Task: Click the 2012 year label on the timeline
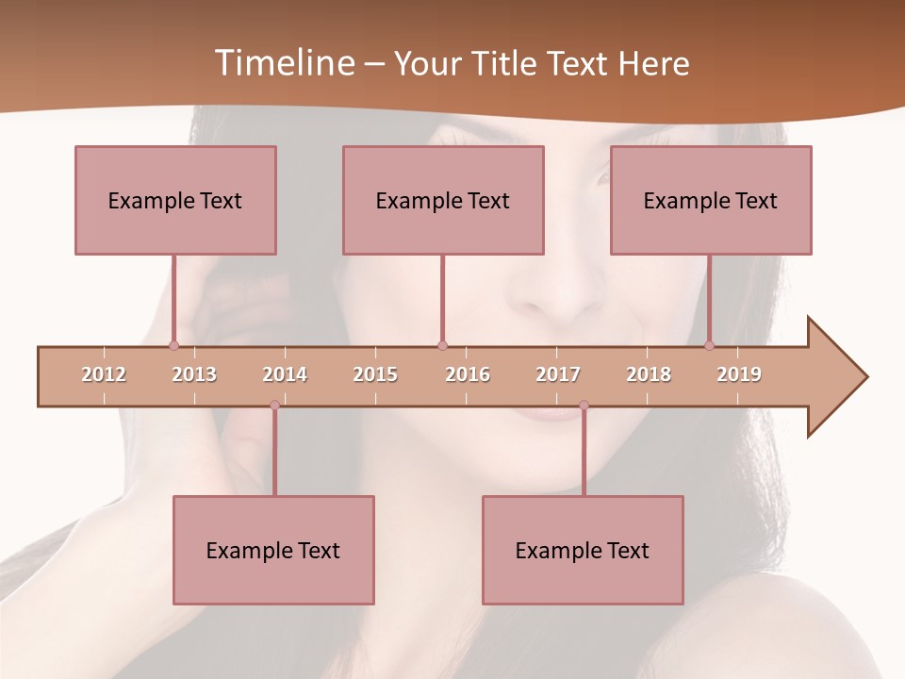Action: coord(104,374)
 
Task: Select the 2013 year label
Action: coord(194,374)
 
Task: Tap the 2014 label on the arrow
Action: coord(285,374)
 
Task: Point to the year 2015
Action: coord(375,374)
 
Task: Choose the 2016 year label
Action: coord(468,374)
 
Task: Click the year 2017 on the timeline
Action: coord(558,374)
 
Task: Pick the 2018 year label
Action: coord(649,374)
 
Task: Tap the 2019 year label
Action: coord(739,374)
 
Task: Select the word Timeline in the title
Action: coord(282,63)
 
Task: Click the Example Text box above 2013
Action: coord(175,200)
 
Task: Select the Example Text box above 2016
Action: coord(443,200)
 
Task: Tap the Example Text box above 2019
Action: coord(711,200)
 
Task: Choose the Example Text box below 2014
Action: coord(273,550)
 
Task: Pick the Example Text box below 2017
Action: coord(583,550)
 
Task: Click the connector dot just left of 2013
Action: coord(173,346)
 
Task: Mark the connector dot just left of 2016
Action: coord(442,346)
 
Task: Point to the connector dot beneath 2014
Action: coord(274,406)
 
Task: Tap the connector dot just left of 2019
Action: coord(710,346)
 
